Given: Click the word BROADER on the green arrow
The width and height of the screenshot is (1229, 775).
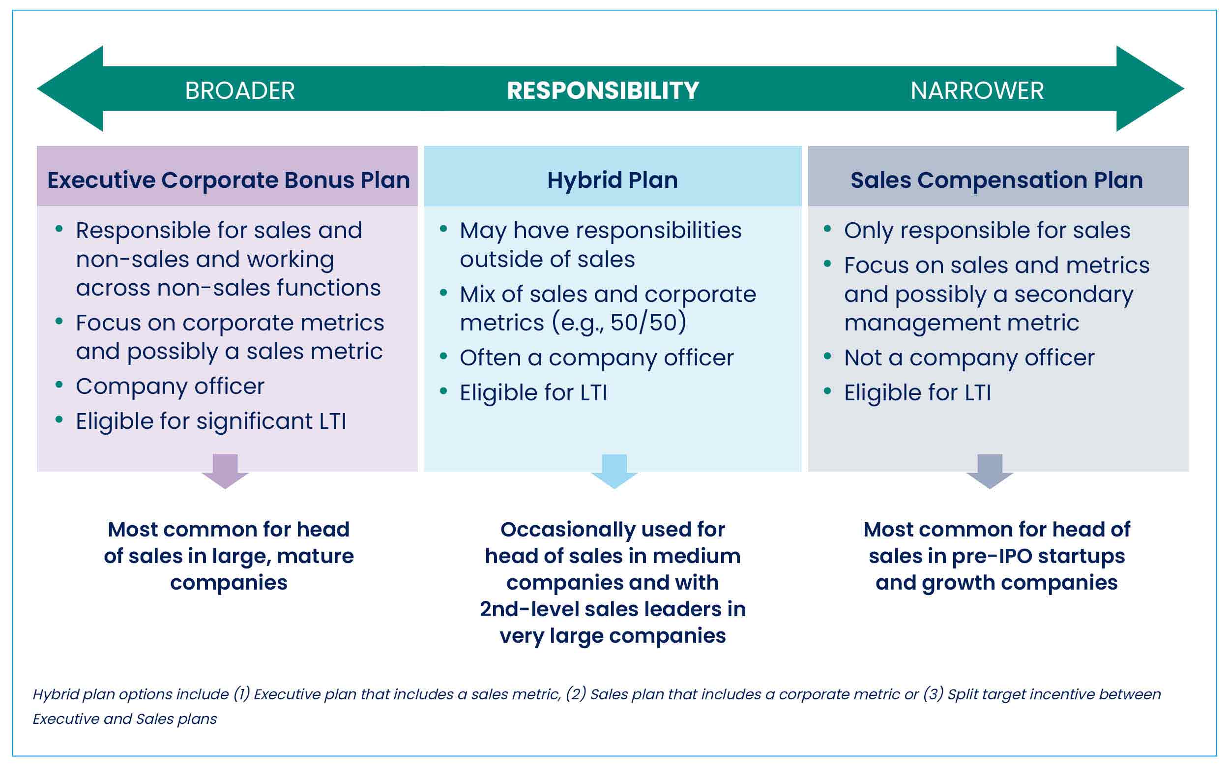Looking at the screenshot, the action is pyautogui.click(x=240, y=91).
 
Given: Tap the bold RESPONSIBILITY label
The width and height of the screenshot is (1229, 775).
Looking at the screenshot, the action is pyautogui.click(x=603, y=91).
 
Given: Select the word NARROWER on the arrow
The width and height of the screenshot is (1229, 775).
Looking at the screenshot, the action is pyautogui.click(x=977, y=91).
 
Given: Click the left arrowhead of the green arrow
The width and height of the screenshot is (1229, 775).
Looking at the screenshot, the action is pyautogui.click(x=70, y=89).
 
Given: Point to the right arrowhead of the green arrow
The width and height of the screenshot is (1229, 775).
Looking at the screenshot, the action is pyautogui.click(x=1150, y=89).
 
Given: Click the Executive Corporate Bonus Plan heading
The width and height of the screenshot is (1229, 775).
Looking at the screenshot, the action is pyautogui.click(x=229, y=180).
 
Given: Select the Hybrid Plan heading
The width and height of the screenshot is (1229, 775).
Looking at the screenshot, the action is pyautogui.click(x=613, y=180).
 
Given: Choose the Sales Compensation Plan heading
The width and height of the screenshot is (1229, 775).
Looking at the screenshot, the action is pyautogui.click(x=996, y=180).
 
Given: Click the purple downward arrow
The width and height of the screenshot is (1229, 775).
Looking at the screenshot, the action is pyautogui.click(x=225, y=471).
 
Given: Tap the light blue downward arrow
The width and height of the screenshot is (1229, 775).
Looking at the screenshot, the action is pyautogui.click(x=614, y=471).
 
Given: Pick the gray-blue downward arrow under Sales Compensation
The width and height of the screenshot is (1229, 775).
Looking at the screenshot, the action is pyautogui.click(x=990, y=471).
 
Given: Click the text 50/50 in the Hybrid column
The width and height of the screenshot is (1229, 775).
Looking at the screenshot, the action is pyautogui.click(x=644, y=323).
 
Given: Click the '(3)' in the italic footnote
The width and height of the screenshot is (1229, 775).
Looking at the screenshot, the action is pyautogui.click(x=933, y=694).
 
